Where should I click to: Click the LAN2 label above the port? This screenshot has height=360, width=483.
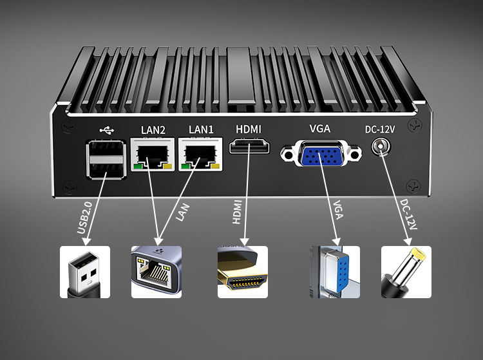pyautogui.click(x=153, y=129)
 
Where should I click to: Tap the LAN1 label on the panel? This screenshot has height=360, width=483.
pyautogui.click(x=201, y=129)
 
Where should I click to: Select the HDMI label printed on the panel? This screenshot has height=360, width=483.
pyautogui.click(x=249, y=129)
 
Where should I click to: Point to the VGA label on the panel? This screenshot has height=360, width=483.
pyautogui.click(x=320, y=128)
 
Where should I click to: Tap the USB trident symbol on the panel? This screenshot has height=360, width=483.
pyautogui.click(x=105, y=129)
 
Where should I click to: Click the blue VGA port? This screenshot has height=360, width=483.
pyautogui.click(x=319, y=155)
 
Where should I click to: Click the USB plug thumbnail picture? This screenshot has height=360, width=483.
pyautogui.click(x=85, y=271)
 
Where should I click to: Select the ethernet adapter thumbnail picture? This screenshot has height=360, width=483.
pyautogui.click(x=156, y=271)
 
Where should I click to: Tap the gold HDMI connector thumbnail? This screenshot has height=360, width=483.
pyautogui.click(x=242, y=271)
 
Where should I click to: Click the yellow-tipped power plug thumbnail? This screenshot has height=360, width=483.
pyautogui.click(x=406, y=271)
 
